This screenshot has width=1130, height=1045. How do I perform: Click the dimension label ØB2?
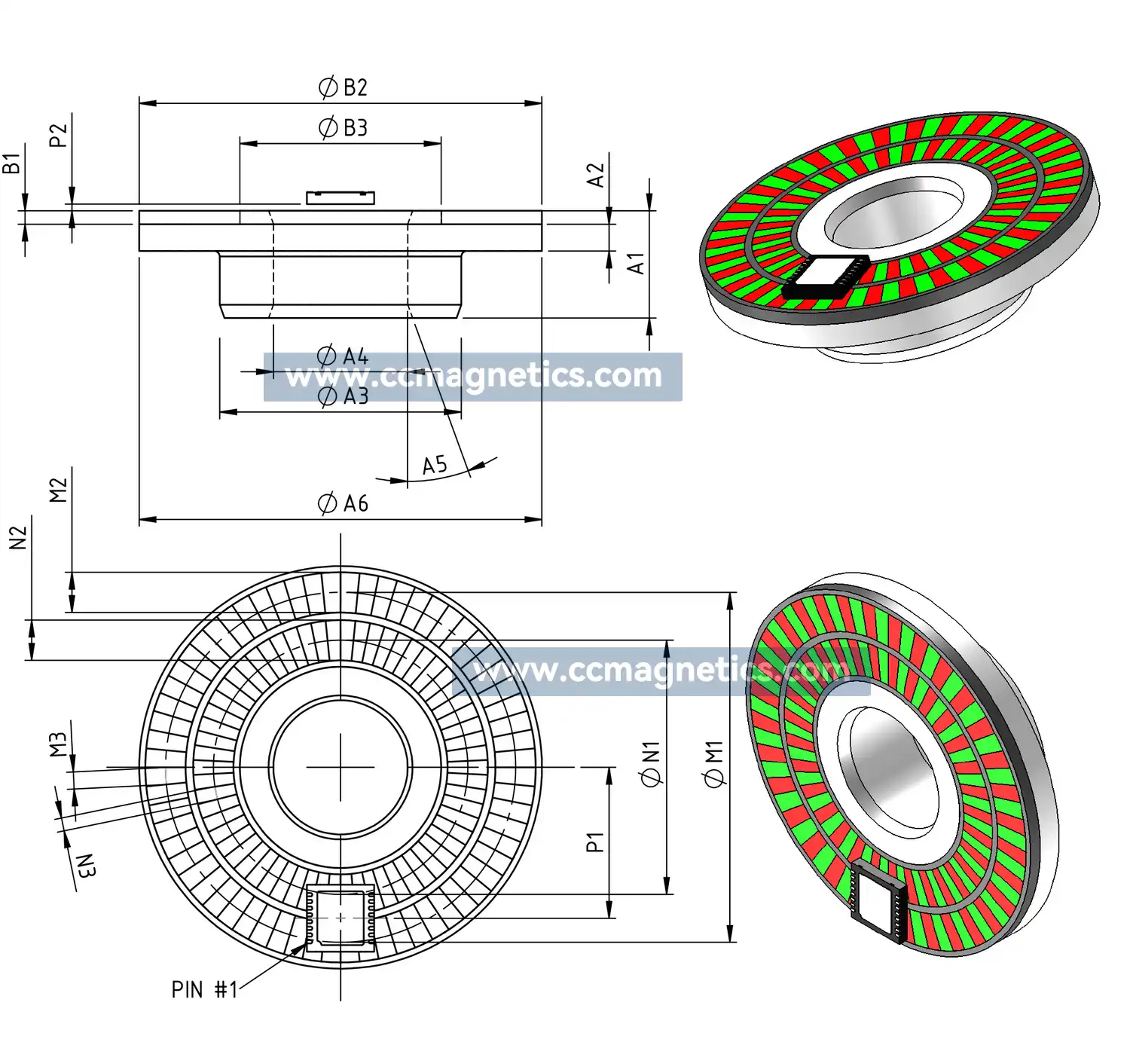coord(343,87)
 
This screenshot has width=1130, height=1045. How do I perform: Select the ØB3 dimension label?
coord(343,127)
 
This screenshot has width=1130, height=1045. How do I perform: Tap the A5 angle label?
coord(435,465)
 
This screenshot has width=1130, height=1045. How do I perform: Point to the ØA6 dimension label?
coord(343,503)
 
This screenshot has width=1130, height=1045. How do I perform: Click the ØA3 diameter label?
coord(343,396)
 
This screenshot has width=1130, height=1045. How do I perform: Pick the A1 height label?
coord(637,264)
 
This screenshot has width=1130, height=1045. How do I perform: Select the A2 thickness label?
coord(596,175)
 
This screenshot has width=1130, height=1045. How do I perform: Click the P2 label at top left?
coord(58,136)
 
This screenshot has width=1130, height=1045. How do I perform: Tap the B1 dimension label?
coord(11,163)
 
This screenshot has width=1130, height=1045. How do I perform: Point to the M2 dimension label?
coord(58,490)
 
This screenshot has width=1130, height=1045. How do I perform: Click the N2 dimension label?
coord(18,538)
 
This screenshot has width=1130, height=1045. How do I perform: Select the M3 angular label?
coord(58,744)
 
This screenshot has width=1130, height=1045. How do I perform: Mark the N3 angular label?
coord(86,866)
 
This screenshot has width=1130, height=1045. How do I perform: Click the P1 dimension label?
coord(595,842)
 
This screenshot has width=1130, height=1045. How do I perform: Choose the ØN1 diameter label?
coord(651,764)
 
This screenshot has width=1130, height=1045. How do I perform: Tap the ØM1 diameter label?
coord(714,764)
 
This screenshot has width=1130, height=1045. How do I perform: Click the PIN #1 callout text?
coord(204,989)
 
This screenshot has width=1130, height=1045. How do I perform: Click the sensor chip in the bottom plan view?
coord(341,917)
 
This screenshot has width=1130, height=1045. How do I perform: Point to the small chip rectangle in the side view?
coord(341,197)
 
